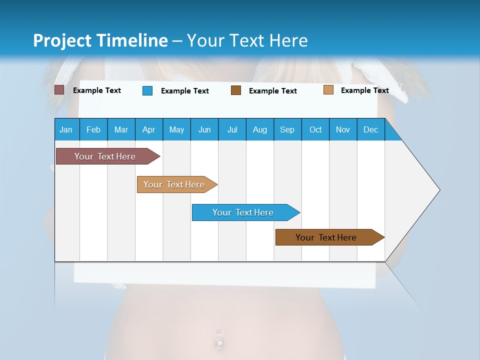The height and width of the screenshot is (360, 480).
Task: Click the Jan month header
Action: click(x=66, y=129)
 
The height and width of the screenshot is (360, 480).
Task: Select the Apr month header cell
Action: click(x=149, y=129)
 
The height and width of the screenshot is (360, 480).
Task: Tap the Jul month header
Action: click(x=232, y=129)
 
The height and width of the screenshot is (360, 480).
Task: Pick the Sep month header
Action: click(x=287, y=129)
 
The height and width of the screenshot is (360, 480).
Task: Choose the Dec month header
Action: click(x=370, y=129)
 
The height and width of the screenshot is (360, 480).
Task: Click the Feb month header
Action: click(x=93, y=129)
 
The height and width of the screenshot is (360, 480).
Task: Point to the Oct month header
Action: click(x=315, y=129)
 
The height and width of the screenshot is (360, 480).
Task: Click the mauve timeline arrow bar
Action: click(x=105, y=156)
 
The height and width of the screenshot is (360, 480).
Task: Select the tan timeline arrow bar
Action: click(x=174, y=184)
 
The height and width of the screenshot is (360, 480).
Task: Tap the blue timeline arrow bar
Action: click(x=243, y=212)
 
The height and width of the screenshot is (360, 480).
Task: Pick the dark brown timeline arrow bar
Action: click(x=326, y=237)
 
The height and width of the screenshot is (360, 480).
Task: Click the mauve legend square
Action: click(x=59, y=90)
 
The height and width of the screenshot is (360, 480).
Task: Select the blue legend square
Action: click(x=147, y=90)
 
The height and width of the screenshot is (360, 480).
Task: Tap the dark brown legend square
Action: click(x=236, y=90)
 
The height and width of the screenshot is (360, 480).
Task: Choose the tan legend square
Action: click(x=328, y=90)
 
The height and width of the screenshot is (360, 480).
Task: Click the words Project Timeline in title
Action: click(x=100, y=40)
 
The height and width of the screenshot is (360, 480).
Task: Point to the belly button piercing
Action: click(x=218, y=341)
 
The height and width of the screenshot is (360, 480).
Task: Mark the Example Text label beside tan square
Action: click(x=364, y=90)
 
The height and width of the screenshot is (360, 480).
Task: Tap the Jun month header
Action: click(x=204, y=129)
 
